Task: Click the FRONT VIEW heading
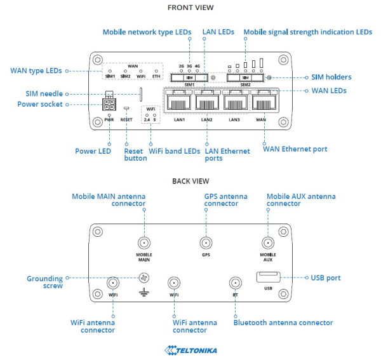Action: [190, 8]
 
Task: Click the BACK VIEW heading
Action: [190, 181]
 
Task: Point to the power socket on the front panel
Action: [110, 103]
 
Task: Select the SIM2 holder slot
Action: [246, 77]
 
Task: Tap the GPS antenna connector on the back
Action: [206, 243]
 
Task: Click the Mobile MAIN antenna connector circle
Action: [145, 243]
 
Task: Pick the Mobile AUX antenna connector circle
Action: [267, 243]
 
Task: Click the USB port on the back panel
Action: [267, 277]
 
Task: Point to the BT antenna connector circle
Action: [235, 284]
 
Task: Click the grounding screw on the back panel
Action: [145, 277]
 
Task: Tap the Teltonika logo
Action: [190, 350]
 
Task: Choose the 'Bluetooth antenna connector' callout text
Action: [283, 323]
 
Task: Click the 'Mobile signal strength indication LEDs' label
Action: [308, 32]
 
